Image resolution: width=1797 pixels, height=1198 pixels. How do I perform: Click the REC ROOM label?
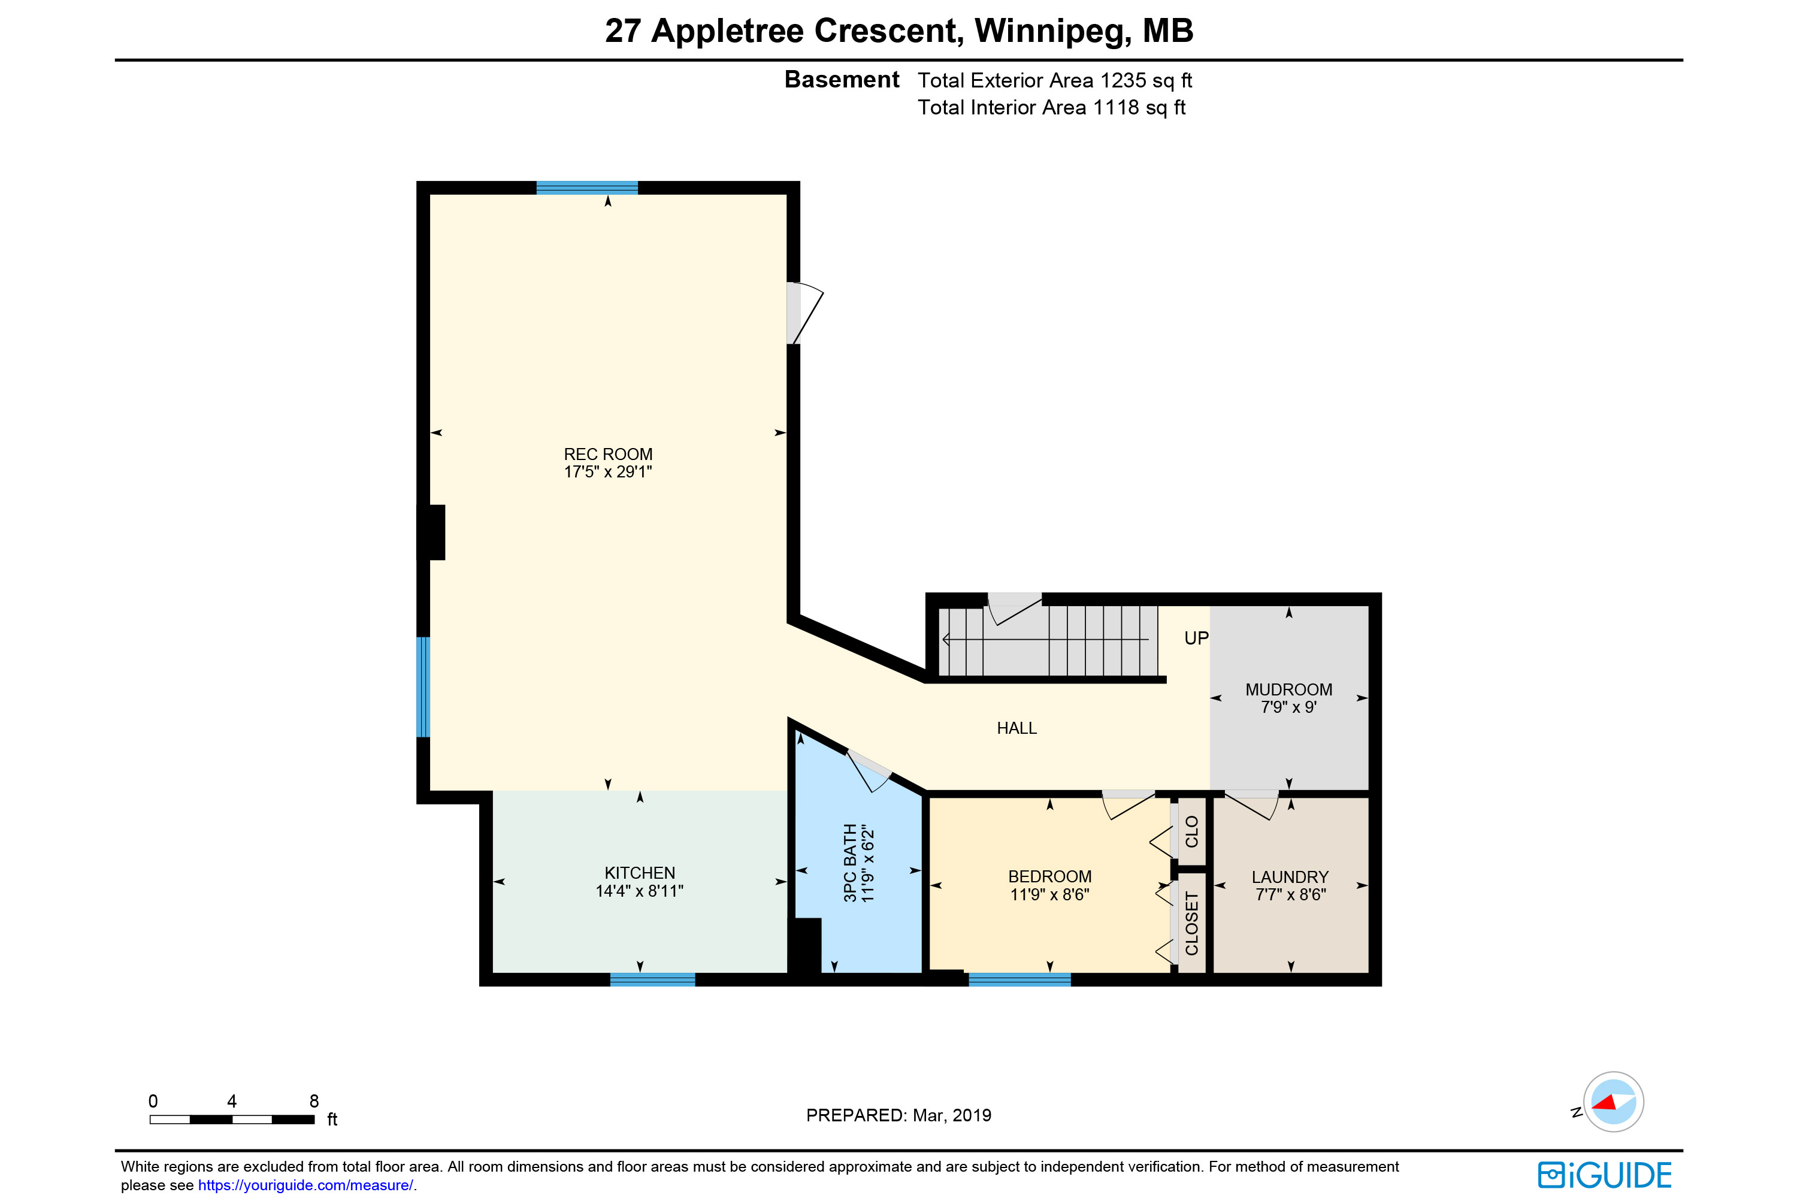[x=608, y=454]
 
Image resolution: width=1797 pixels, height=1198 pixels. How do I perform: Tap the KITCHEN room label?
[x=640, y=873]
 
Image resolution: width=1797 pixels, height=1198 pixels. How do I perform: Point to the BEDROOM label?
[x=1050, y=876]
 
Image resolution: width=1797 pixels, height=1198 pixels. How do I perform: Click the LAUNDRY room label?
[x=1290, y=877]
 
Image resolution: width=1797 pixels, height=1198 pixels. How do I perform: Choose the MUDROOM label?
[x=1289, y=689]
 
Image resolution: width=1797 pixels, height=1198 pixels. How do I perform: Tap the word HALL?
[x=1017, y=728]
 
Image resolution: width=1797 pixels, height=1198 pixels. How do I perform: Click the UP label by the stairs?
[x=1196, y=638]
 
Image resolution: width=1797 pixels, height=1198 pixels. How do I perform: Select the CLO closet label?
[x=1192, y=831]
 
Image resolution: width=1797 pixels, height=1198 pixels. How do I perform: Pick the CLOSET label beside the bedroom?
[x=1192, y=923]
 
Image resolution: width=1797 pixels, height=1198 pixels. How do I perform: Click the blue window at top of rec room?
[x=587, y=188]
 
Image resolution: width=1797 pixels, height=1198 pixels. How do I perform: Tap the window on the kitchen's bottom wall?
[x=652, y=979]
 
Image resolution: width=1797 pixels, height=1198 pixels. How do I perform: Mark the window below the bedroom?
[x=1020, y=979]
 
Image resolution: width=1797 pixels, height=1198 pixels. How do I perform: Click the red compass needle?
[x=1605, y=1103]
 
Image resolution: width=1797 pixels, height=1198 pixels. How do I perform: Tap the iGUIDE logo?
[x=1605, y=1175]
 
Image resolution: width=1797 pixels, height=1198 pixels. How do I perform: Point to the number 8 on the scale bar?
[x=314, y=1101]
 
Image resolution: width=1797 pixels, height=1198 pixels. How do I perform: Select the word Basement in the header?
[x=842, y=80]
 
